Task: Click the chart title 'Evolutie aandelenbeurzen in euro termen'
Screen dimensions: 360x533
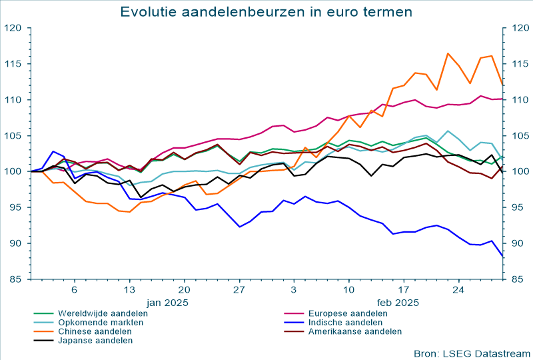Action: point(266,12)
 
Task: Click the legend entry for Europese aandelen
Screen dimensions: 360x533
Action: point(347,313)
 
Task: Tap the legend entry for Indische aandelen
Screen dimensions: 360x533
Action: point(344,322)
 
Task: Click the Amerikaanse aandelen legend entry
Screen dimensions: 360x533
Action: point(354,331)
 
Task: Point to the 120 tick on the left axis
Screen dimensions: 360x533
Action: point(13,28)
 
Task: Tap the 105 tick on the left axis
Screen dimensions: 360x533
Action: point(13,136)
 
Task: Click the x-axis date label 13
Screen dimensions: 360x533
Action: point(129,290)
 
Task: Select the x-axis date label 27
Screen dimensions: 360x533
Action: point(239,290)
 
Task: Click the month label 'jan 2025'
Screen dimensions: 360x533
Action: point(167,302)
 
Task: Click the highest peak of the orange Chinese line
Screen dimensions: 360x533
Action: point(448,53)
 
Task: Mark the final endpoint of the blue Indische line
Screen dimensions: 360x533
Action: point(502,255)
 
